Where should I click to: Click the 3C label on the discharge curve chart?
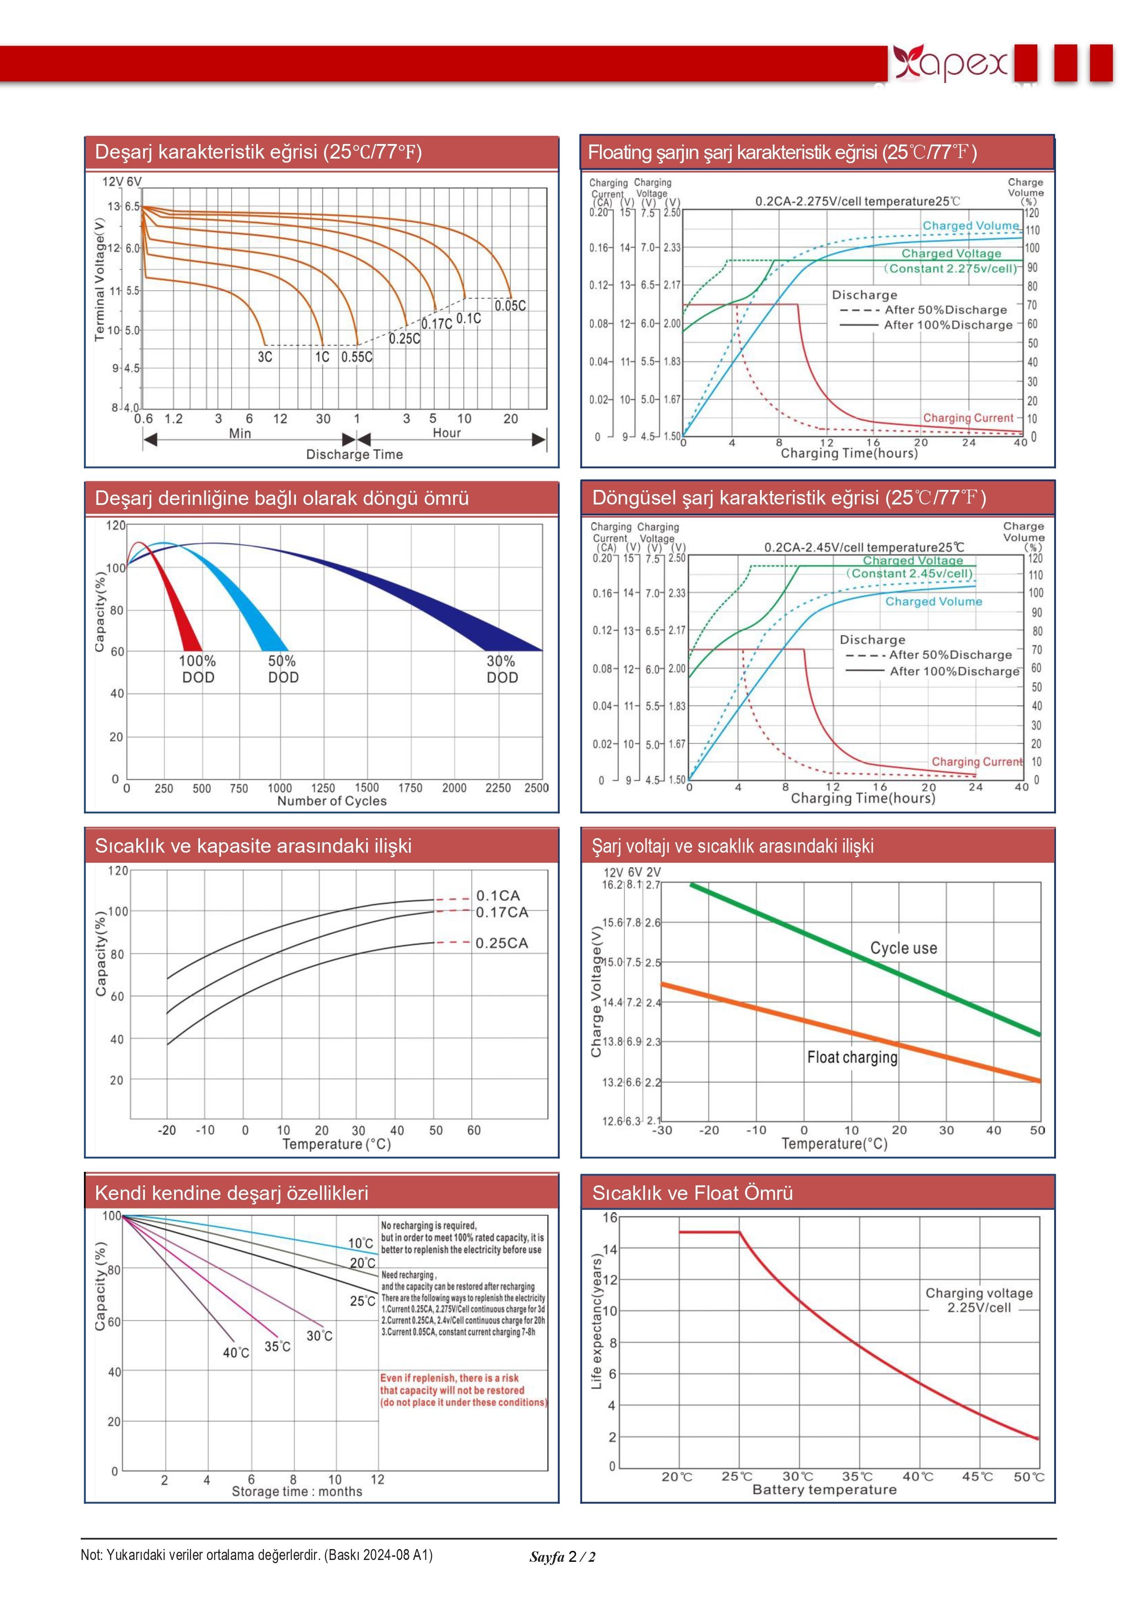(x=265, y=357)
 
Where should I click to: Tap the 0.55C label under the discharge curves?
(x=357, y=357)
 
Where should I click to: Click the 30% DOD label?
(x=502, y=669)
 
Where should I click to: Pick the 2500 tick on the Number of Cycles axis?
(x=537, y=788)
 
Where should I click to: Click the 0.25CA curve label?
(x=502, y=943)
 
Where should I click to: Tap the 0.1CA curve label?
(x=498, y=896)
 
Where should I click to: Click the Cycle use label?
(x=904, y=948)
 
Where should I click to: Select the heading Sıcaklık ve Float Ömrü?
(x=692, y=1193)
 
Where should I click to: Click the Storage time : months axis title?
(x=297, y=1492)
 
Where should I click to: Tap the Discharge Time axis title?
(x=354, y=455)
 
